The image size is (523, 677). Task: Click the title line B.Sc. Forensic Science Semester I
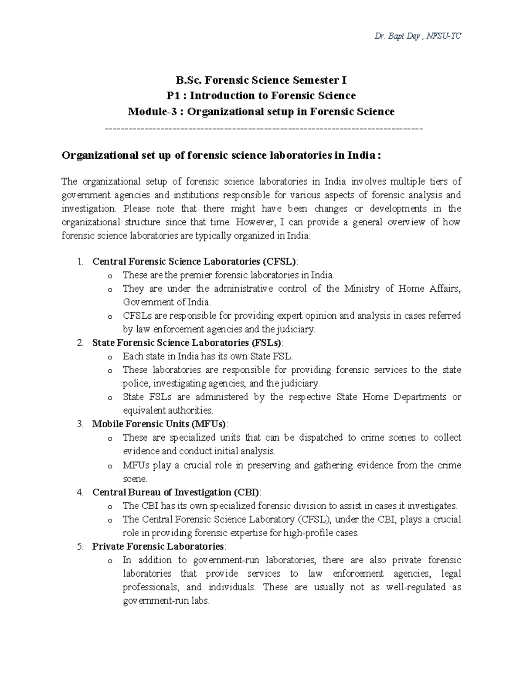(x=261, y=80)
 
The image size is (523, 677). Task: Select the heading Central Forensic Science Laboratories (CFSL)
(x=194, y=262)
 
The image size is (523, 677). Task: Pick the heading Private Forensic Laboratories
(x=158, y=547)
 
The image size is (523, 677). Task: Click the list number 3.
(x=79, y=424)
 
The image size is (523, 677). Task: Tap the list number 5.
(x=79, y=547)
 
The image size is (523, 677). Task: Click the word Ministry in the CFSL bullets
(x=362, y=289)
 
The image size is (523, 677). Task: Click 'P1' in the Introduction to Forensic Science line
(x=174, y=96)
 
